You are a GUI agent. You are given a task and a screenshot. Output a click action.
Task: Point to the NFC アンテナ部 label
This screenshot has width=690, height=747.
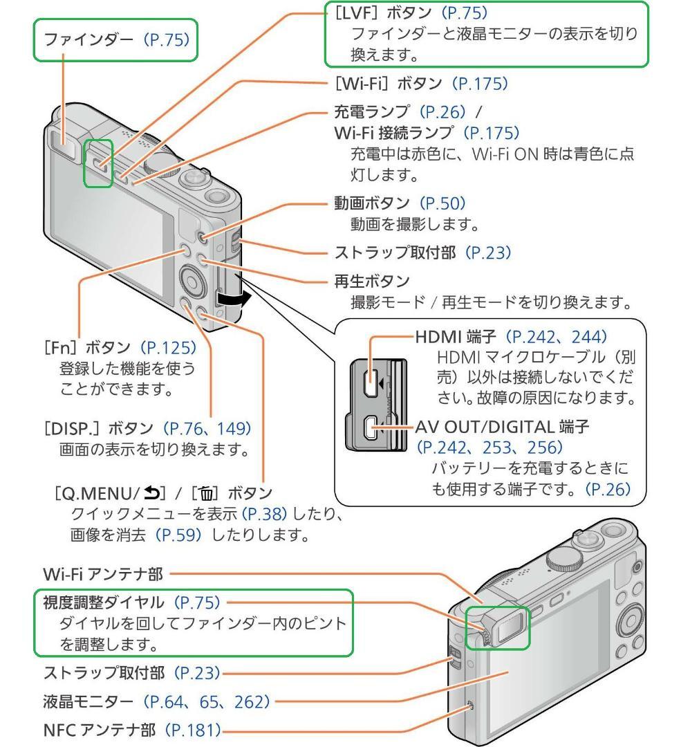click(x=82, y=728)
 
